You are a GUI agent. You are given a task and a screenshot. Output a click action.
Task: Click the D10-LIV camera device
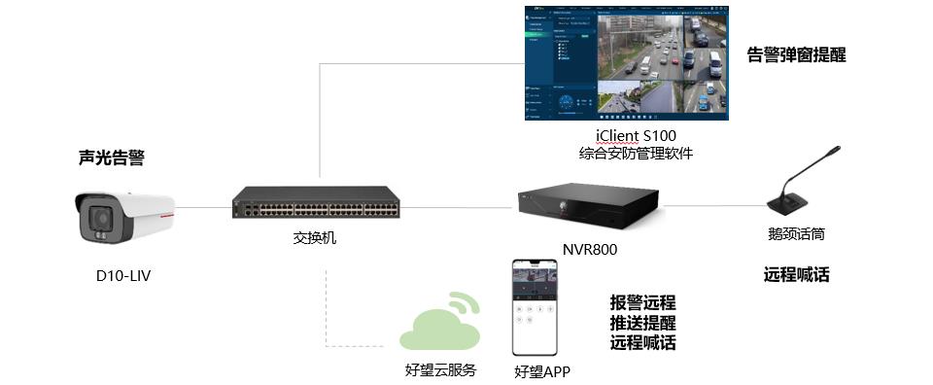tap(125, 217)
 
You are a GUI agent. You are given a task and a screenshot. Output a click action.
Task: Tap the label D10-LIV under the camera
tap(122, 276)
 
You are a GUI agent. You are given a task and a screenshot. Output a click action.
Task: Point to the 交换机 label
tap(315, 237)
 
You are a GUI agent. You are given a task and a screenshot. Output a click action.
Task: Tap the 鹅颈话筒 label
tap(797, 234)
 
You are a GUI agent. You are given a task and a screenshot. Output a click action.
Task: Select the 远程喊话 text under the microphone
tap(796, 274)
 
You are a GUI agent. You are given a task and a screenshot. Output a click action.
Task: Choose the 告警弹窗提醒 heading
tap(796, 54)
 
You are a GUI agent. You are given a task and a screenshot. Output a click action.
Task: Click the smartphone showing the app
tap(541, 307)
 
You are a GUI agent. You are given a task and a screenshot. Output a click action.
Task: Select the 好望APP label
tap(541, 371)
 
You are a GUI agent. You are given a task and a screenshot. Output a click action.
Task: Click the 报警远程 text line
tap(642, 302)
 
